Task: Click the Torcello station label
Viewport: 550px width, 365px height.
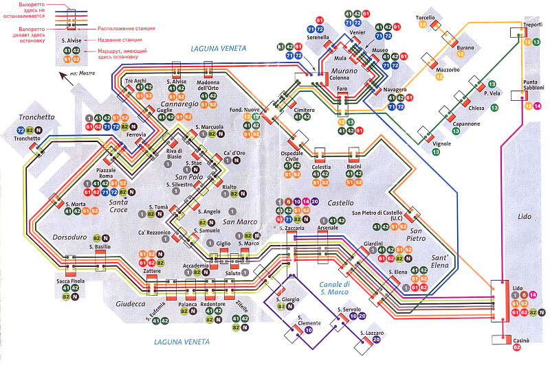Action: (x=426, y=17)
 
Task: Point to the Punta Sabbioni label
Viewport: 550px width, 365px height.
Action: (x=534, y=86)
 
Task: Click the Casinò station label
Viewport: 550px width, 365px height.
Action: (x=520, y=340)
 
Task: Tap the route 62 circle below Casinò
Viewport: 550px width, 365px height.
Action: (x=516, y=349)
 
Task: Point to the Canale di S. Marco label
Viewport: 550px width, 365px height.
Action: (x=335, y=288)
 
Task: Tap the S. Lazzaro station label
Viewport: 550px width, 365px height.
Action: (x=375, y=333)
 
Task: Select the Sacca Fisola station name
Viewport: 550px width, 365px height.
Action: (x=70, y=281)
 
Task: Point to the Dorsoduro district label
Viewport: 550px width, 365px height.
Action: (x=50, y=237)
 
